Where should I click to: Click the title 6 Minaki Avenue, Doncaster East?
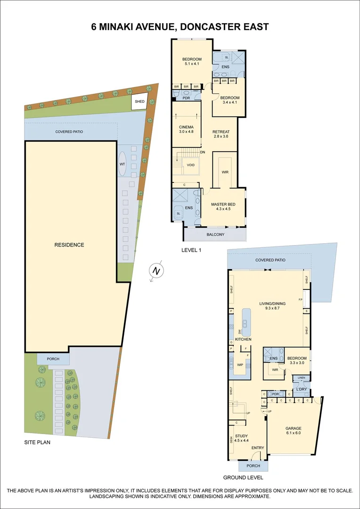[180, 26]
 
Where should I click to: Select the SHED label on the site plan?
[140, 101]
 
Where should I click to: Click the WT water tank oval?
[122, 164]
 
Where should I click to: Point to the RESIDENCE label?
[69, 245]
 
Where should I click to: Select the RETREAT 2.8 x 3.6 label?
[221, 134]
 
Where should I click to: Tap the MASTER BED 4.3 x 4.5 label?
[222, 206]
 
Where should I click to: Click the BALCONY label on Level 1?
[215, 234]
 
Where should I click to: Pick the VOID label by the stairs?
[190, 165]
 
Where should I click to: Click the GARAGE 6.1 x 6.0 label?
[293, 431]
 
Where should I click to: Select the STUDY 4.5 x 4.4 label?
[241, 438]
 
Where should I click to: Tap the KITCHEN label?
[243, 339]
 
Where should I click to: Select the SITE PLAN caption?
[37, 443]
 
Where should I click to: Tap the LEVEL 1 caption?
[191, 250]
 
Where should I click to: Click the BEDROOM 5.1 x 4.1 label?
[192, 61]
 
